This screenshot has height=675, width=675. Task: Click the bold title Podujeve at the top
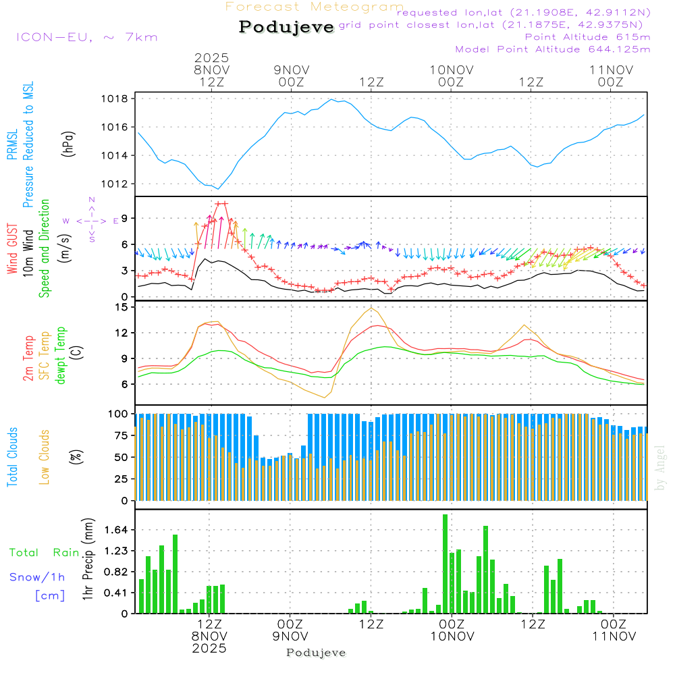coord(286,27)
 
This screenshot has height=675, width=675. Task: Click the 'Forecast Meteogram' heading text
coord(315,7)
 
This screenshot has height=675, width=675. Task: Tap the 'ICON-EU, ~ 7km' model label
coord(86,37)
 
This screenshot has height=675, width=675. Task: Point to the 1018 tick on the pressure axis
coord(114,99)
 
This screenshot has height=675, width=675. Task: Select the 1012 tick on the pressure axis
coord(114,184)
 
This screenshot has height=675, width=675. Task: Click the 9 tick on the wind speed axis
coord(125,218)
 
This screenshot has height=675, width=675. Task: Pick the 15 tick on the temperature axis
coord(122,307)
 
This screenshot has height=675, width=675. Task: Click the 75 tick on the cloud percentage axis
coord(119,435)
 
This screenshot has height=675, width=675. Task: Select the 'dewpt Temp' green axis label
coord(61,356)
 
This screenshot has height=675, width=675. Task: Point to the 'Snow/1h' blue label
coord(38,577)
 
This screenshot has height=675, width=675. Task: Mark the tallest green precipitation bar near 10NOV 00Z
coord(445,564)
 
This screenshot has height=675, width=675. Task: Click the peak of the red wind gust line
coord(221,203)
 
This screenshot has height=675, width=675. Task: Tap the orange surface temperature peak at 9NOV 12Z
coord(371,308)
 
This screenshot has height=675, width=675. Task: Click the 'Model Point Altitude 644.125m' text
coord(553,49)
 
